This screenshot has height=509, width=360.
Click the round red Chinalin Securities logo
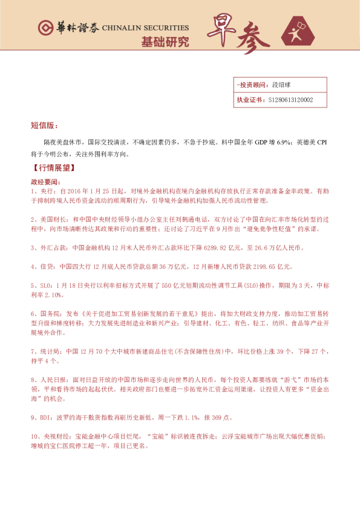[44, 28]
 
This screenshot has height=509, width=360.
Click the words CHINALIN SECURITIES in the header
[145, 28]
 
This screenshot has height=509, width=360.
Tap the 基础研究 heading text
[165, 42]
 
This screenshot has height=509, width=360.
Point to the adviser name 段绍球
[282, 86]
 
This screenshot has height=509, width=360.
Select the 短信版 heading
[44, 126]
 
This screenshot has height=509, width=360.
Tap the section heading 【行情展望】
[51, 166]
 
